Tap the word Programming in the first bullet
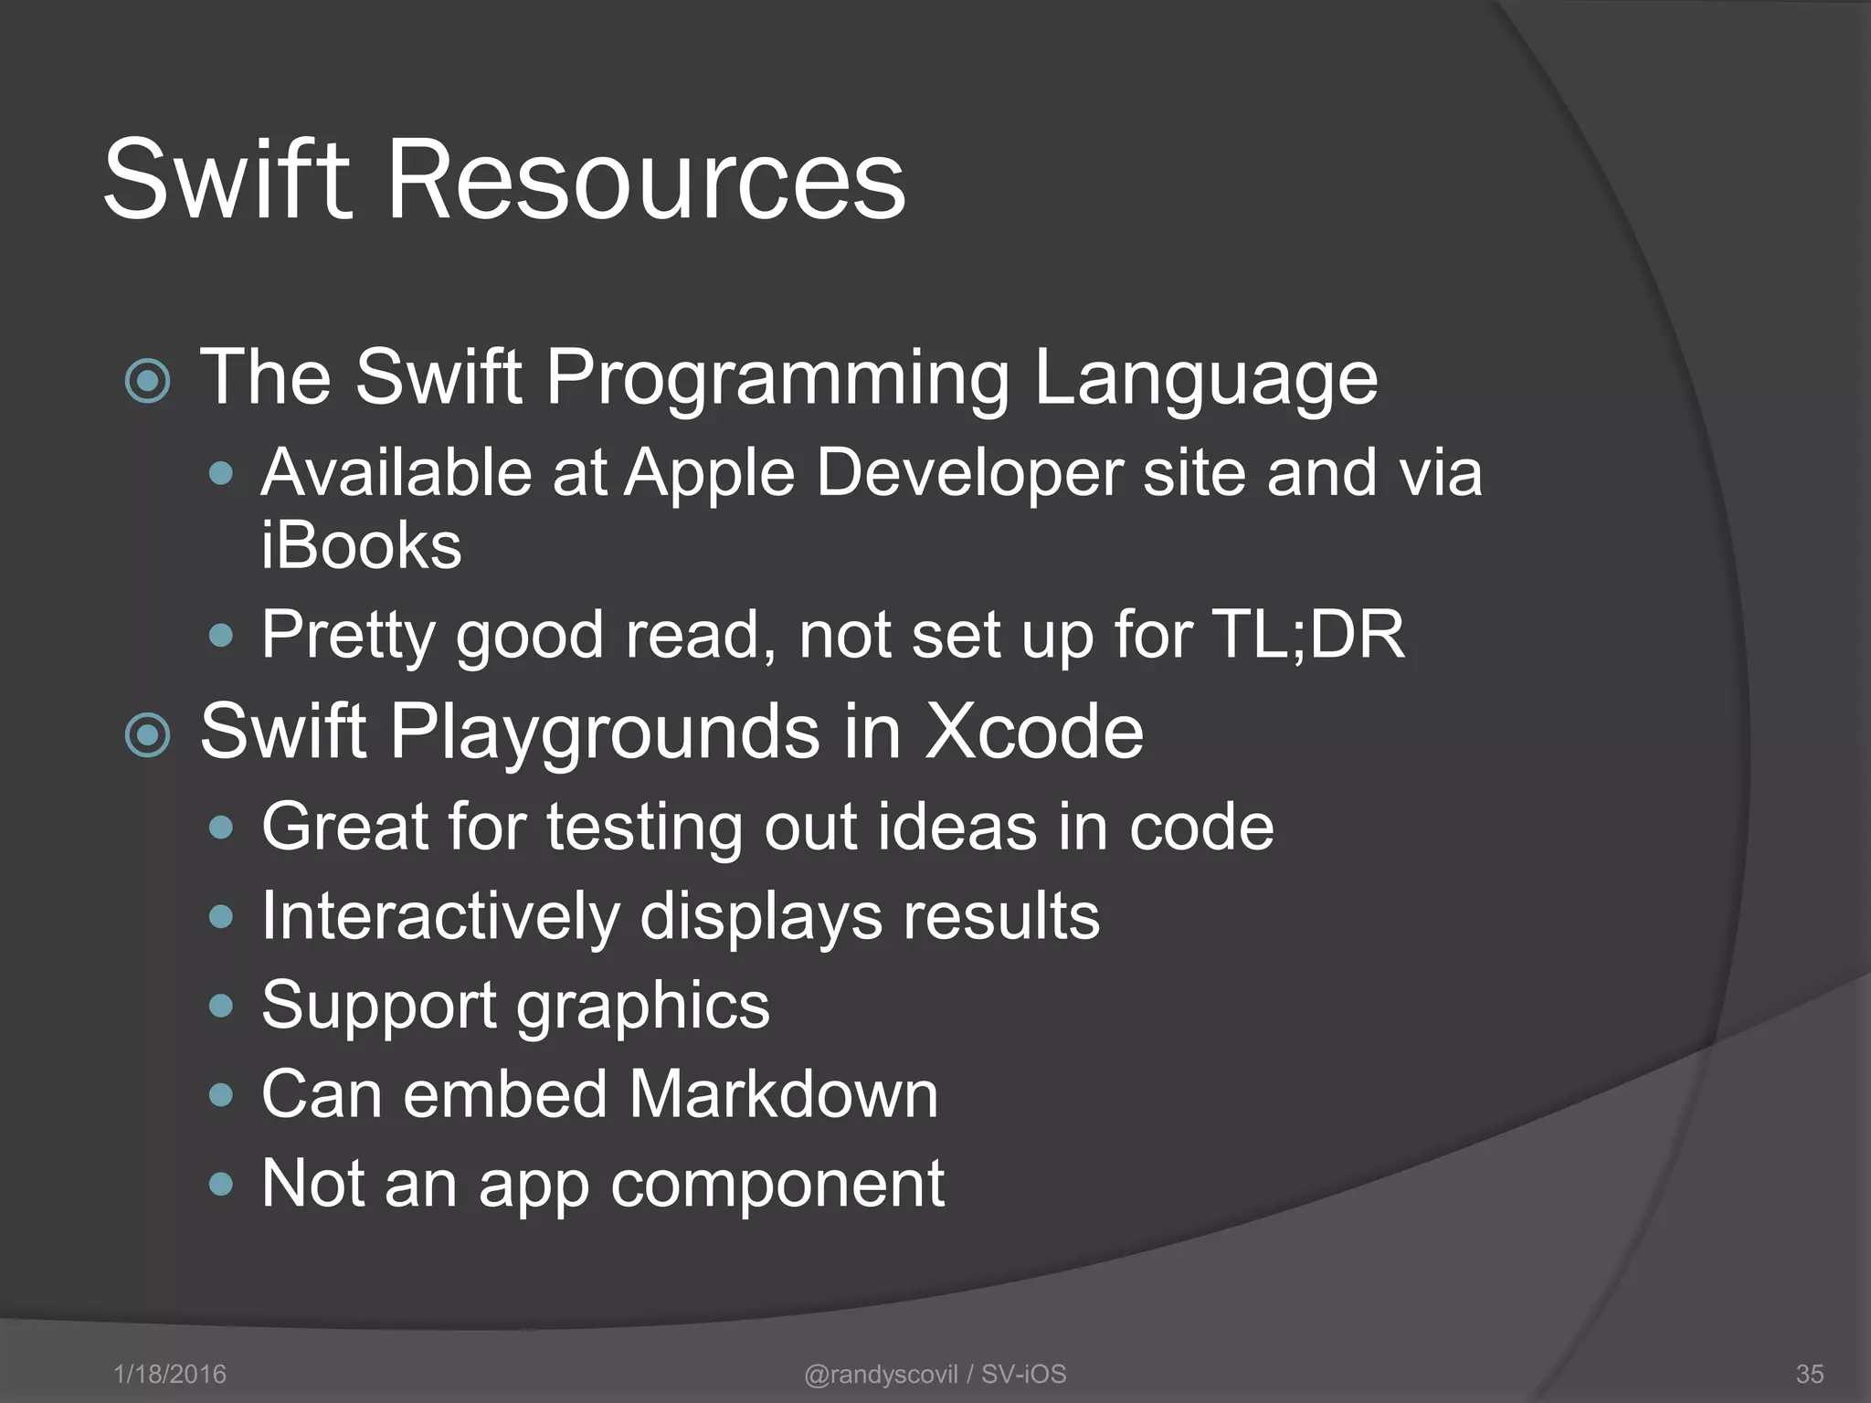[777, 377]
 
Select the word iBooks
[361, 545]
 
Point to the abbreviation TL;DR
[1307, 634]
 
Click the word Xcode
[1033, 732]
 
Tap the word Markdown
[783, 1093]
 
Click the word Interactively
[439, 916]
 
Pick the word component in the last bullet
[777, 1185]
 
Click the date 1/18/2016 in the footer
[170, 1374]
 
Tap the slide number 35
[1809, 1374]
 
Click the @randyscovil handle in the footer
[881, 1374]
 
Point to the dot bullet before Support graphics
[221, 1006]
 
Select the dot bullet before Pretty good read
[221, 635]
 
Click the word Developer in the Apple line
[968, 475]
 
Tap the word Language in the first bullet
[1205, 379]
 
